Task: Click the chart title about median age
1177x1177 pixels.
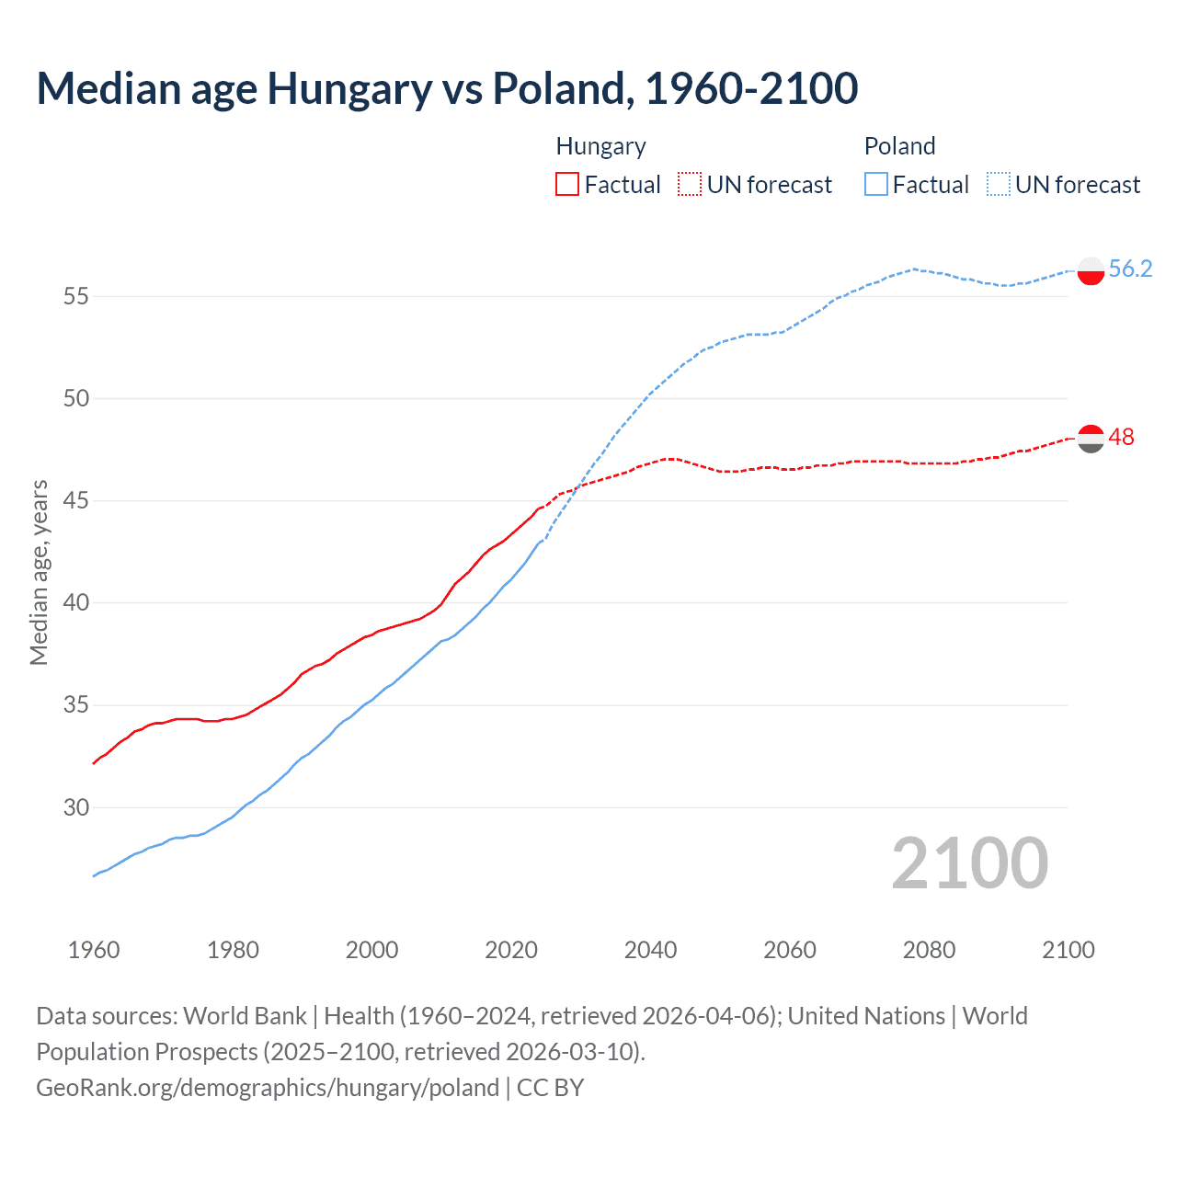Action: tap(447, 88)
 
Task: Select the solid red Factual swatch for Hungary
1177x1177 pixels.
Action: tap(567, 184)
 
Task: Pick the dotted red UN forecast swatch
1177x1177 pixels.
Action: tap(690, 184)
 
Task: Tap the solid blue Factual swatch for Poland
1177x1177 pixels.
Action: tap(876, 184)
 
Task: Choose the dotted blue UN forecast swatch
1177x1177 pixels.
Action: tap(999, 184)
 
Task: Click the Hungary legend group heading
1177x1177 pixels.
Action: tap(600, 146)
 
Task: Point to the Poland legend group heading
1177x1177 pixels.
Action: tap(899, 146)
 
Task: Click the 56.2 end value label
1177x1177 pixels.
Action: tap(1130, 269)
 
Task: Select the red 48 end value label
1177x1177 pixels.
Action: tap(1121, 437)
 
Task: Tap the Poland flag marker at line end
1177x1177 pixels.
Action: tap(1091, 271)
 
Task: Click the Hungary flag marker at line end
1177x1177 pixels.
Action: tap(1091, 439)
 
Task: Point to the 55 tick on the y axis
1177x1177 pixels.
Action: tap(76, 296)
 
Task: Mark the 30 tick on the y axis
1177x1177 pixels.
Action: tap(76, 807)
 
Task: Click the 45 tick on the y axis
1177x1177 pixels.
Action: tap(76, 501)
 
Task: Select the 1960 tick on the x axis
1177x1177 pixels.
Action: tap(94, 950)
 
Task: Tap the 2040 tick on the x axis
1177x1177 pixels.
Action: tap(650, 950)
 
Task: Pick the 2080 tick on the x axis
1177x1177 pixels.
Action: tap(929, 950)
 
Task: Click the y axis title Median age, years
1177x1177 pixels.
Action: tap(39, 572)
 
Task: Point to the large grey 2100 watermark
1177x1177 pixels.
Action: tap(969, 863)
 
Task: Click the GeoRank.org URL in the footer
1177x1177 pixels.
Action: tap(268, 1087)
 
